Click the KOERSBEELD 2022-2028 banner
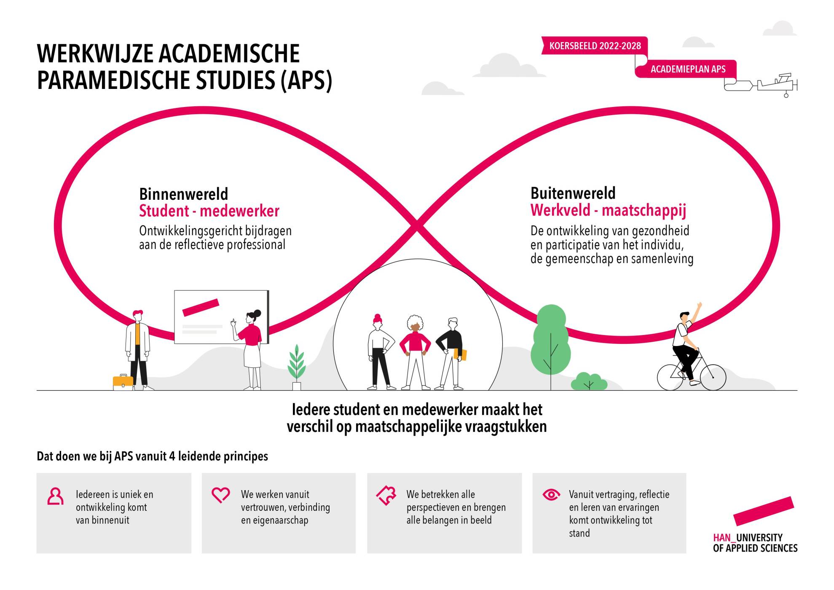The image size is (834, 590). tap(595, 46)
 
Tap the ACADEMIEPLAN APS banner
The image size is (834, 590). tap(687, 69)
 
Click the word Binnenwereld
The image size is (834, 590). tap(183, 194)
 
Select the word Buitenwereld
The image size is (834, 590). tap(573, 193)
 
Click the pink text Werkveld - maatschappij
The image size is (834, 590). tap(608, 210)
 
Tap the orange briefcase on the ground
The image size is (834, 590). tap(123, 381)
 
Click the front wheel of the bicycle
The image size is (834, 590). tap(713, 377)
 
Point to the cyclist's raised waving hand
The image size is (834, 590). tap(700, 305)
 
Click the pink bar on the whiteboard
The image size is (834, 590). tap(201, 308)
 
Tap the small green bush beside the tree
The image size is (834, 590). tap(589, 381)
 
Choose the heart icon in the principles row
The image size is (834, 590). tap(220, 495)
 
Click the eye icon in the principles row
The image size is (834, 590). tap(551, 494)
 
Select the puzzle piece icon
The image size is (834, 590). tap(386, 495)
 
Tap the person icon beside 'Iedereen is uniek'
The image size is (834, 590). tap(55, 496)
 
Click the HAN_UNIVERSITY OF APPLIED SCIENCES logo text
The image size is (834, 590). tap(755, 543)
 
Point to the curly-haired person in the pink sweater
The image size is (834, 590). tap(415, 352)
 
